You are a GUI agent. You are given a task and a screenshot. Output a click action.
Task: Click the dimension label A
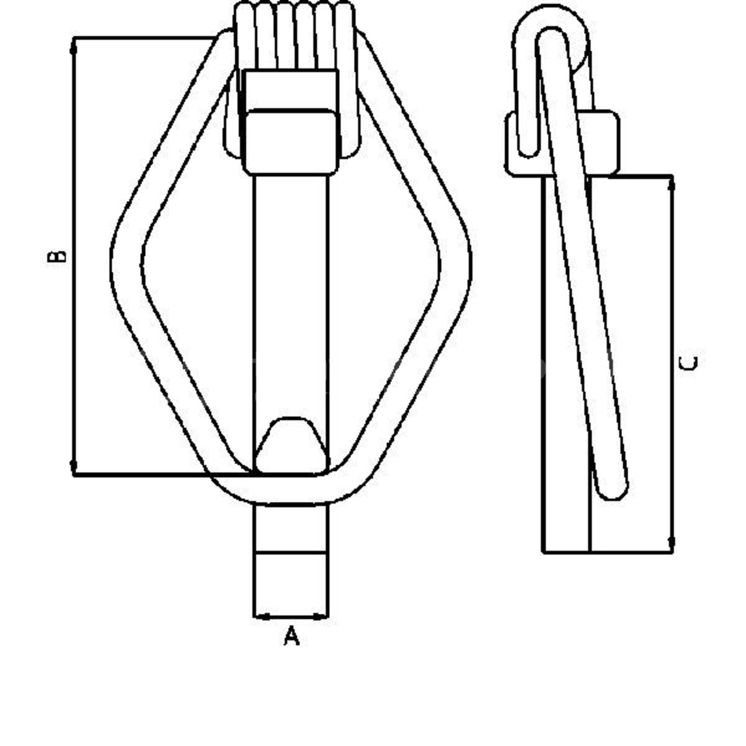292,636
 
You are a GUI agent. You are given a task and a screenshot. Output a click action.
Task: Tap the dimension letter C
688,363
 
